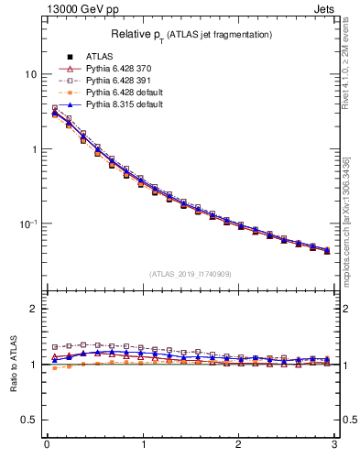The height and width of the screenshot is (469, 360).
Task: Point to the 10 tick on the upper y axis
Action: pyautogui.click(x=29, y=74)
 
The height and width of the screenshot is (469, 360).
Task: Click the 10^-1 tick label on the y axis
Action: pyautogui.click(x=27, y=224)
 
